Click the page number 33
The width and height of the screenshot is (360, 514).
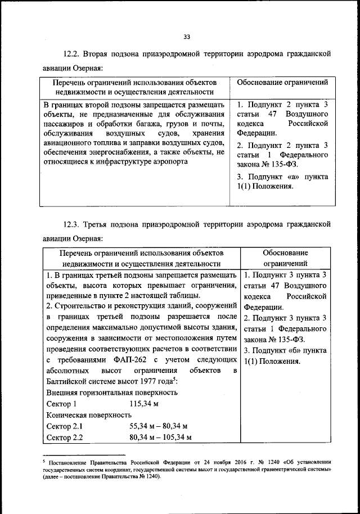pos(187,37)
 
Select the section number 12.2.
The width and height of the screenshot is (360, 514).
pos(73,54)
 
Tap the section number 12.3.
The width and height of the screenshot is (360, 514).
pos(73,224)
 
